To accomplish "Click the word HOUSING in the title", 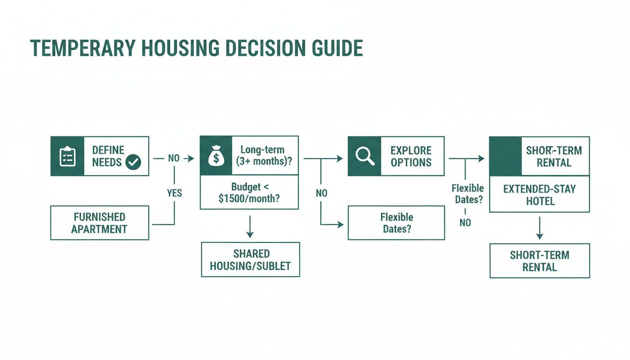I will [174, 48].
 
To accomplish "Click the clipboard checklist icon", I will [67, 156].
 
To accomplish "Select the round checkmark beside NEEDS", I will [133, 163].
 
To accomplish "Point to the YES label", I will [174, 193].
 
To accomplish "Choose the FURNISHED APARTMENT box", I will [99, 223].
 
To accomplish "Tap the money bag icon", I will [216, 156].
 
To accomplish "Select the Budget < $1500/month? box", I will [249, 193].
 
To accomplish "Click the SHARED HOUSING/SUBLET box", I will [250, 260].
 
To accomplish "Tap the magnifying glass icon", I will [364, 156].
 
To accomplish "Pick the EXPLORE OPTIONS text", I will [411, 156].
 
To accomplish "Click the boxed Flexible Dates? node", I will [396, 223].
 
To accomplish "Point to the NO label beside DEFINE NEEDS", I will [174, 158].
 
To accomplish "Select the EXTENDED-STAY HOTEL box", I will [539, 195].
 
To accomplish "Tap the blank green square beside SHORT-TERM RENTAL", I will [505, 156].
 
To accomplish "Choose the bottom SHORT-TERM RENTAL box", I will [540, 261].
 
